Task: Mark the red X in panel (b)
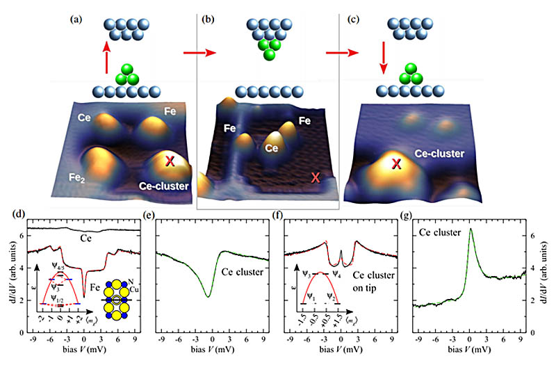point(316,177)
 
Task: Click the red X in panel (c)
point(397,165)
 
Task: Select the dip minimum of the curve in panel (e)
point(208,297)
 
